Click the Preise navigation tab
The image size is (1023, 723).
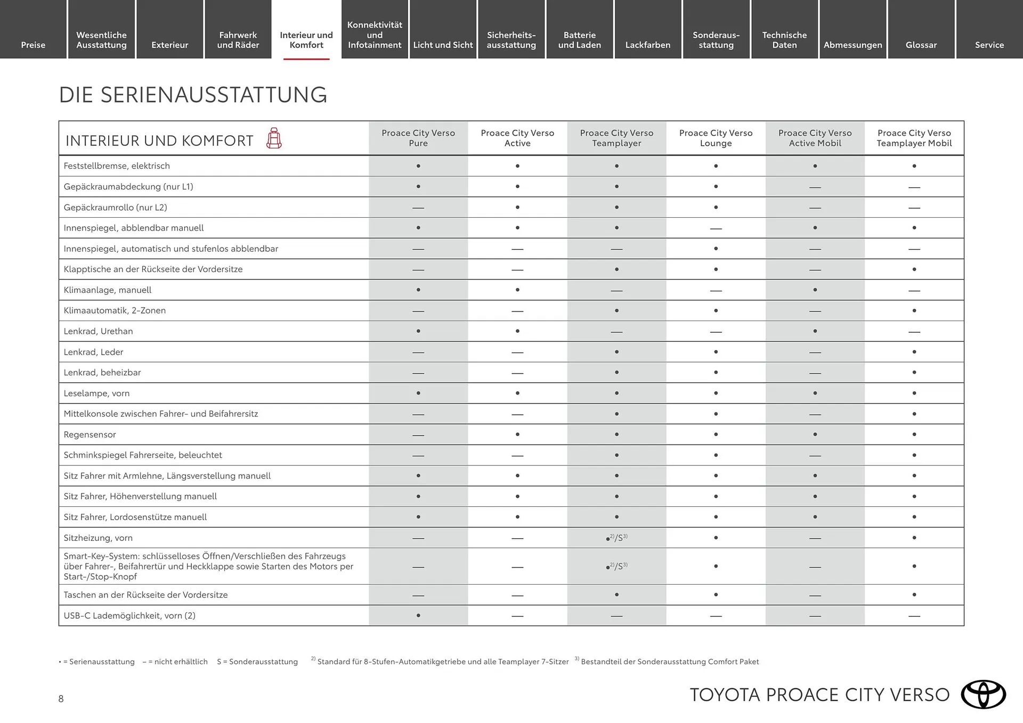coord(33,45)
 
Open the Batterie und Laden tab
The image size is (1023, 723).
coord(579,40)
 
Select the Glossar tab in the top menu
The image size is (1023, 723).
coord(921,45)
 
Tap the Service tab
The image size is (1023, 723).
coord(989,45)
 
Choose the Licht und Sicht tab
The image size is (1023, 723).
coord(443,45)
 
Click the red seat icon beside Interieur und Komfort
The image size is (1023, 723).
coord(274,138)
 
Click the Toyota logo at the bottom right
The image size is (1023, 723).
coord(983,694)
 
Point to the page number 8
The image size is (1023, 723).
coord(61,699)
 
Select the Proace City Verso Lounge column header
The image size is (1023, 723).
coord(716,138)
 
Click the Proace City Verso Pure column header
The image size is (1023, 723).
coord(418,138)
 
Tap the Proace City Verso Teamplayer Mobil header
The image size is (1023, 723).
coord(914,138)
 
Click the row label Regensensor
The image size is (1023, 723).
coord(90,434)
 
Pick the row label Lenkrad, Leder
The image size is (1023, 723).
coord(93,352)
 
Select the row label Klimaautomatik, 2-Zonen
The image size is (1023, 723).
coord(115,310)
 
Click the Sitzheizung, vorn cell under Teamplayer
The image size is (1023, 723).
coord(616,538)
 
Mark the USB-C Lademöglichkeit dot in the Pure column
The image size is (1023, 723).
coord(418,615)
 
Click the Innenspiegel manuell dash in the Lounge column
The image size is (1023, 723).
coord(716,228)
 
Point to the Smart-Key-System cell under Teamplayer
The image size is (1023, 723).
coord(616,566)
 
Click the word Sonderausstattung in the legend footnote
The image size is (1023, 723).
coord(263,662)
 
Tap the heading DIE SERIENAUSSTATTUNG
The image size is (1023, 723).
coord(193,95)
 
